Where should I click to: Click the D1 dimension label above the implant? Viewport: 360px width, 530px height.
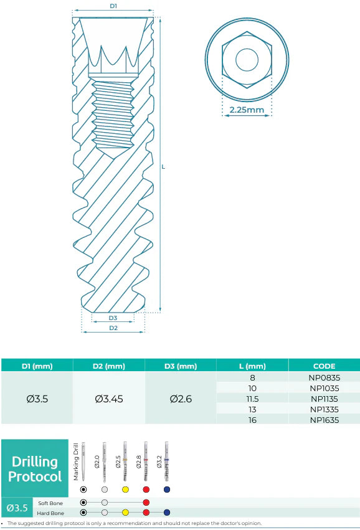pos(113,6)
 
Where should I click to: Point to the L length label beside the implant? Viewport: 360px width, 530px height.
pos(163,167)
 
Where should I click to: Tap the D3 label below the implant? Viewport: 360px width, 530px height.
pos(113,318)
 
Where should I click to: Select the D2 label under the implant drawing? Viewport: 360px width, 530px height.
pos(113,328)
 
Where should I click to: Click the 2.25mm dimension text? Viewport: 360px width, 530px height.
pos(246,110)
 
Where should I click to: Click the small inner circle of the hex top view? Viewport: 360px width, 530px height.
pos(246,59)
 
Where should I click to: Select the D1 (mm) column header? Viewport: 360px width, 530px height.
pos(37,366)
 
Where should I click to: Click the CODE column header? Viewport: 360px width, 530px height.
pos(324,366)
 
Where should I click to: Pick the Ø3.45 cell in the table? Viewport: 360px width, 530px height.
pos(109,399)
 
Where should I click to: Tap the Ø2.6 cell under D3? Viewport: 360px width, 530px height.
pos(181,399)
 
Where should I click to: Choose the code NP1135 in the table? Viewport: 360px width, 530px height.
pos(324,398)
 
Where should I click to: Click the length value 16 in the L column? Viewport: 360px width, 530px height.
pos(252,419)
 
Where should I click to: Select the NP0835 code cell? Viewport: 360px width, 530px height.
pos(324,377)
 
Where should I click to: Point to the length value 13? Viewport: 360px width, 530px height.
pos(252,409)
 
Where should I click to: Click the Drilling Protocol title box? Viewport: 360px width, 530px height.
pos(34,469)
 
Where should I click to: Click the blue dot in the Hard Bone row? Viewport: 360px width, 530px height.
pos(166,513)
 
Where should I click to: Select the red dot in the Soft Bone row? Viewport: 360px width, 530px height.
pos(146,502)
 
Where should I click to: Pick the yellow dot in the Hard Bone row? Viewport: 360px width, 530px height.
pos(125,513)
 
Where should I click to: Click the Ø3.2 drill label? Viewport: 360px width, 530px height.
pos(160,461)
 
